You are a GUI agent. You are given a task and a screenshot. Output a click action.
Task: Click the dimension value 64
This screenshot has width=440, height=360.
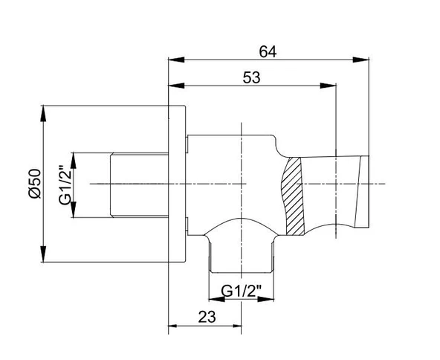pyautogui.click(x=268, y=52)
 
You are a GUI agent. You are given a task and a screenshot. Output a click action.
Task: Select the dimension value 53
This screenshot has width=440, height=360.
pyautogui.click(x=251, y=77)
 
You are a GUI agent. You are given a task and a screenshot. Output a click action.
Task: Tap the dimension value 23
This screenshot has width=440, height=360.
pyautogui.click(x=207, y=317)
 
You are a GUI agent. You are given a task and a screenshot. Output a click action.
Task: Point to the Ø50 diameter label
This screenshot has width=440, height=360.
pyautogui.click(x=35, y=184)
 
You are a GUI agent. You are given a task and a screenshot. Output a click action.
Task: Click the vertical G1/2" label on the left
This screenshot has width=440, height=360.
pyautogui.click(x=65, y=185)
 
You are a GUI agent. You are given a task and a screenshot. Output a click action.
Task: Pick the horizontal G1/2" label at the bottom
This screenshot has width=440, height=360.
pyautogui.click(x=241, y=292)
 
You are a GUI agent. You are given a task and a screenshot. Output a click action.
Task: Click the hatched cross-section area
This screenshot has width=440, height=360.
pyautogui.click(x=293, y=196)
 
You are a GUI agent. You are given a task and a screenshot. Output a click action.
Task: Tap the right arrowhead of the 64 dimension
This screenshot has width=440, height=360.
pyautogui.click(x=361, y=60)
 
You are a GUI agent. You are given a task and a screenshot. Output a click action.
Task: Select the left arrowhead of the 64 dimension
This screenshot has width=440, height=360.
pyautogui.click(x=176, y=60)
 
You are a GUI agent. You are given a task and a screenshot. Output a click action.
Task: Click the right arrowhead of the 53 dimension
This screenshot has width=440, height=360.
pyautogui.click(x=328, y=86)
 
